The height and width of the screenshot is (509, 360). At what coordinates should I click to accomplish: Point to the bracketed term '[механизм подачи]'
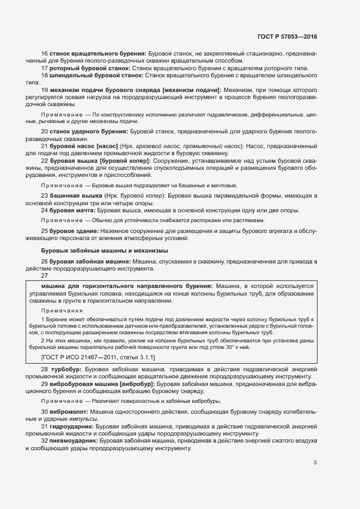coord(188,89)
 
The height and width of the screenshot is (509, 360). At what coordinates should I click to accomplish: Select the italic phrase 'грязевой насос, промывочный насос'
coord(198,146)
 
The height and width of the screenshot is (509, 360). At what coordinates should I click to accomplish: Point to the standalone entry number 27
coord(45,275)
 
